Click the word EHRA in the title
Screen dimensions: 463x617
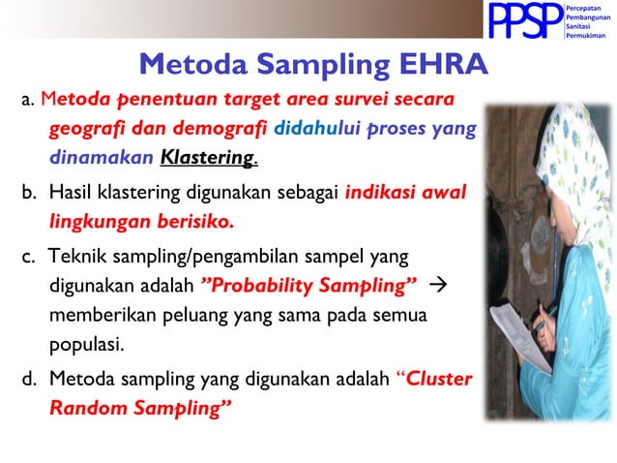pos(435,64)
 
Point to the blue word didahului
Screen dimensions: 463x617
pos(313,128)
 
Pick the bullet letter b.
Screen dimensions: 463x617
pos(28,193)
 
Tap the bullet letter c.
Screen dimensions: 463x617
pos(28,257)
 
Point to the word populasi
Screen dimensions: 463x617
pos(87,343)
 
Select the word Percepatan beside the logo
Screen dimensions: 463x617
pos(585,7)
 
